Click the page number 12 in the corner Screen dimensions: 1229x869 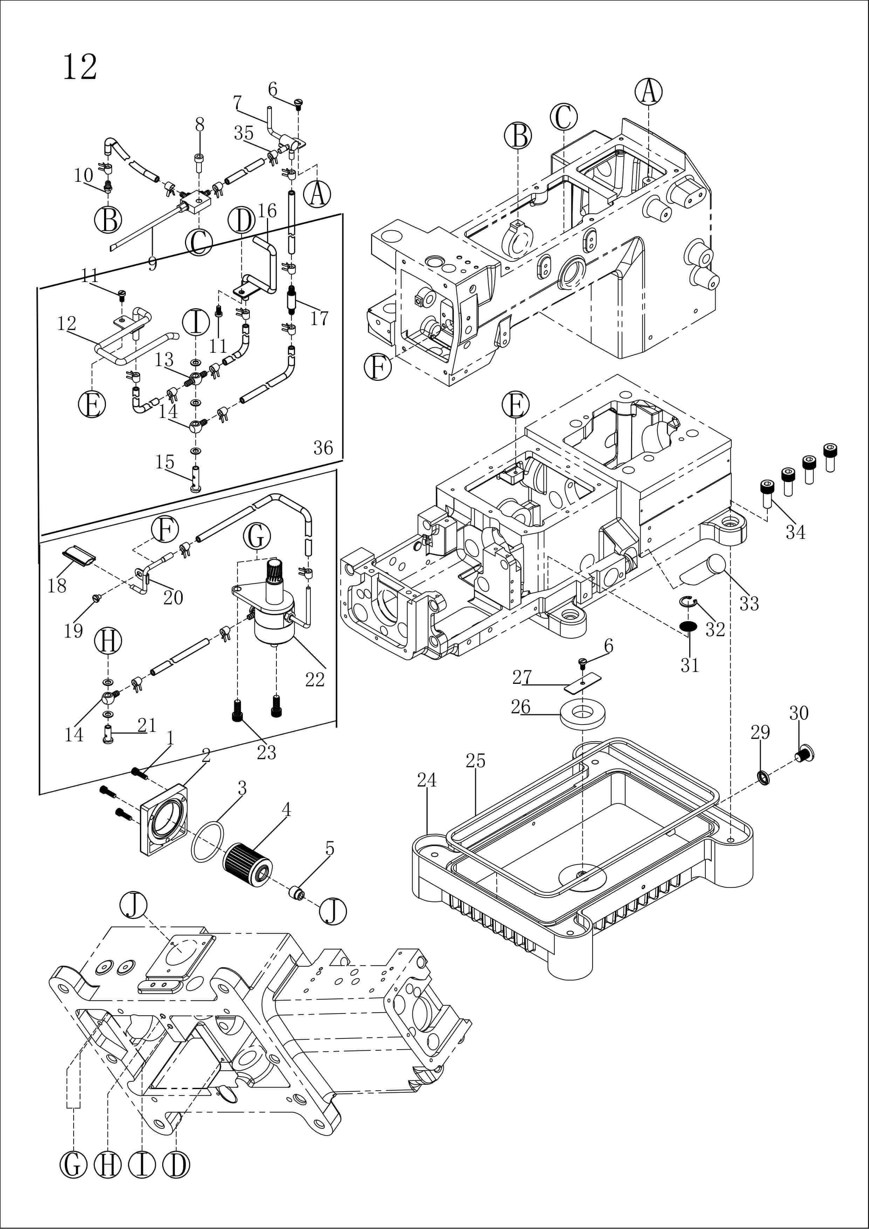[x=80, y=68]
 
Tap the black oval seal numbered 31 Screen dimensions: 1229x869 [x=687, y=626]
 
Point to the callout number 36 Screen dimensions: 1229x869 [x=323, y=447]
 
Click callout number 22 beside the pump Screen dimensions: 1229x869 [x=315, y=679]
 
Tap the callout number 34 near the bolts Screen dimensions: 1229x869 [x=795, y=532]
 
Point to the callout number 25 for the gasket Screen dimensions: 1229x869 [x=475, y=761]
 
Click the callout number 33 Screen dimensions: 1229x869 [x=749, y=603]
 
